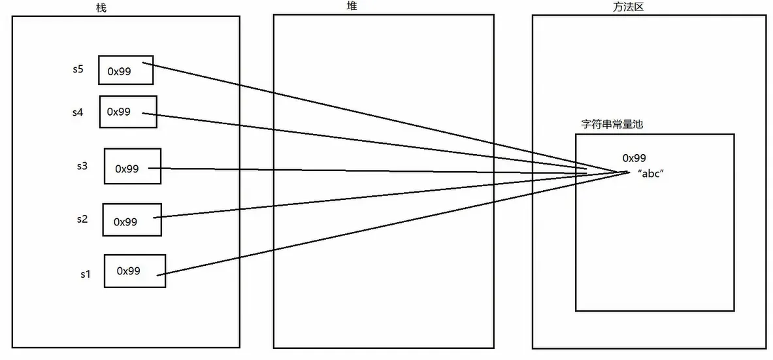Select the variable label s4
coord(78,112)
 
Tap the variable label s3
coord(82,166)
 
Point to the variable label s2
coord(82,219)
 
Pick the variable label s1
coord(84,274)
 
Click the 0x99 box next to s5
coord(125,70)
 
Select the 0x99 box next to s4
coord(128,112)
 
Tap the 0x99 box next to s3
coord(132,167)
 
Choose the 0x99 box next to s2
coord(131,220)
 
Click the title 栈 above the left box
coord(99,7)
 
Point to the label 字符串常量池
coord(612,124)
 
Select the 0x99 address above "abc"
coord(634,158)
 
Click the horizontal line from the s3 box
coord(366,171)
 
